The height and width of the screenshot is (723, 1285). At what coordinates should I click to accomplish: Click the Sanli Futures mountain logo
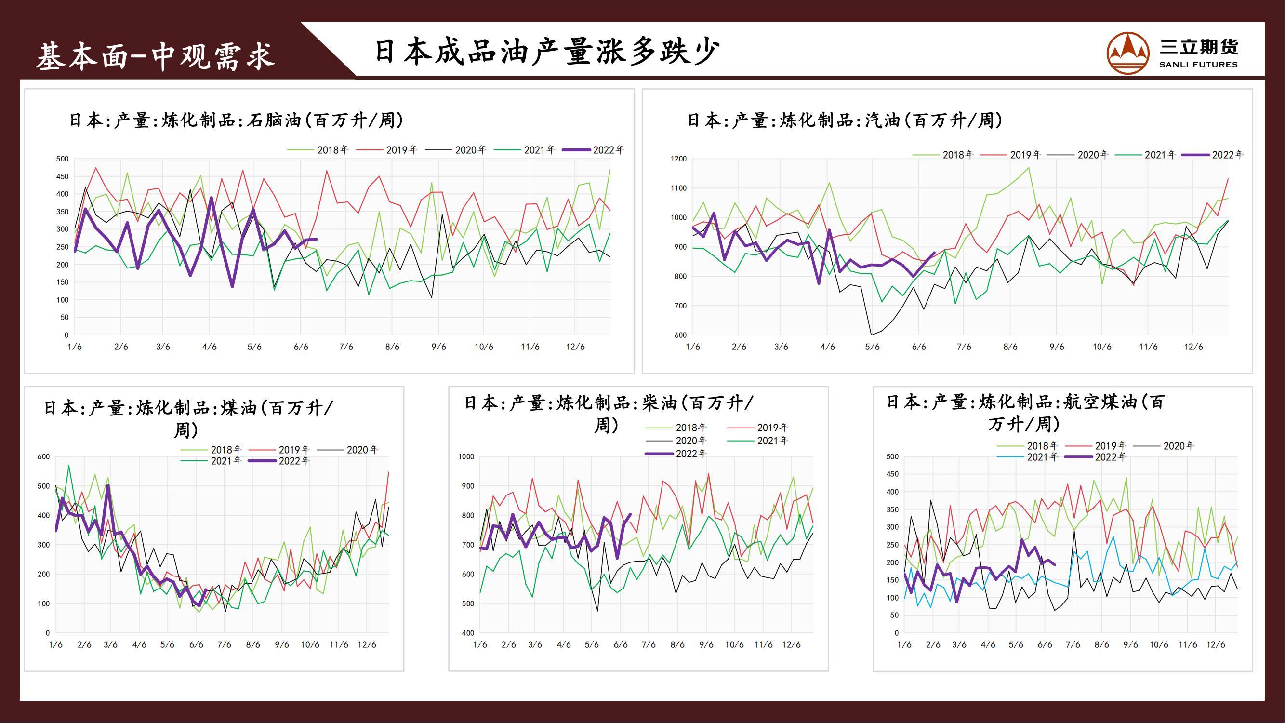[x=1128, y=53]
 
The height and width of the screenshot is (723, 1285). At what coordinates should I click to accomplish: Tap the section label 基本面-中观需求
[x=155, y=56]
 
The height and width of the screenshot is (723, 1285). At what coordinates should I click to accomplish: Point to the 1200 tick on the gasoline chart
[x=678, y=159]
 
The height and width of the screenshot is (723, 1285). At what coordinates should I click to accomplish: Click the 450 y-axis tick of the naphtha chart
[x=62, y=176]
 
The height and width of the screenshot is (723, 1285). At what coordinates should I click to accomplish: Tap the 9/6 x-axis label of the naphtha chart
[x=438, y=347]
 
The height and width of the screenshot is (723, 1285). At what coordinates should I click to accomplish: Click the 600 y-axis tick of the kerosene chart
[x=44, y=456]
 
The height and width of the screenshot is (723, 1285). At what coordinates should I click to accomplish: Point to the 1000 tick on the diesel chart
[x=466, y=456]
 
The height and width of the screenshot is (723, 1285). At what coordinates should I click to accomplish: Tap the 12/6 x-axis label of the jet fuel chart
[x=1216, y=644]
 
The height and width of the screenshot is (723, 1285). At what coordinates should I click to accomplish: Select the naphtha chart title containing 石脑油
[x=236, y=120]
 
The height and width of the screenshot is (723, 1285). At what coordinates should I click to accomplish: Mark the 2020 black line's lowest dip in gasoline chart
[x=871, y=335]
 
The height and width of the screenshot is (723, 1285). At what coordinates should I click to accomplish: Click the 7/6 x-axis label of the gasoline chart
[x=964, y=347]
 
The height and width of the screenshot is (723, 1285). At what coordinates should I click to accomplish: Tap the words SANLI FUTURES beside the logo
[x=1198, y=65]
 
